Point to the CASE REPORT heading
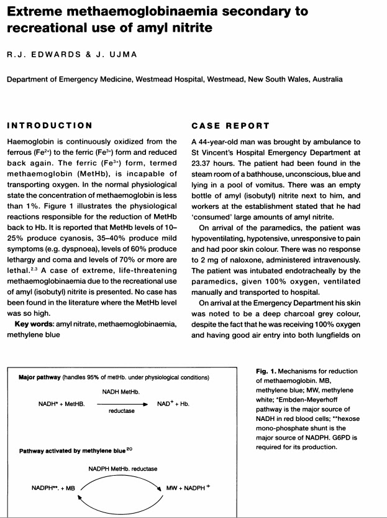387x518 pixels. (229, 126)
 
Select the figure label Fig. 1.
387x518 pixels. (267, 371)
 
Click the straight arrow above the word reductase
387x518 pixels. (122, 404)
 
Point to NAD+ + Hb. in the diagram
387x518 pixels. (173, 404)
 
